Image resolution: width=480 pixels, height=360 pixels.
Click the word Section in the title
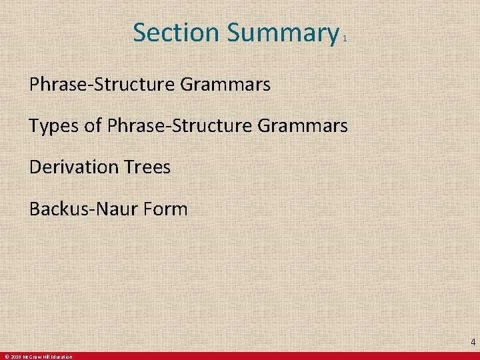(176, 32)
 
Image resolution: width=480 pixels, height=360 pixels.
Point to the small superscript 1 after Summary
(345, 40)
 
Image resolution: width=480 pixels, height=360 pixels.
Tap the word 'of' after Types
(93, 125)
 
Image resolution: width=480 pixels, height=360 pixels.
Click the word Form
(165, 209)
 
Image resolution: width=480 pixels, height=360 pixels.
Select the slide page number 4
(473, 342)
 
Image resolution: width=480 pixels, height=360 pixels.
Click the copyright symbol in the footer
(5, 357)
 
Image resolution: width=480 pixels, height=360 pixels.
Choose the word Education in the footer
(62, 357)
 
